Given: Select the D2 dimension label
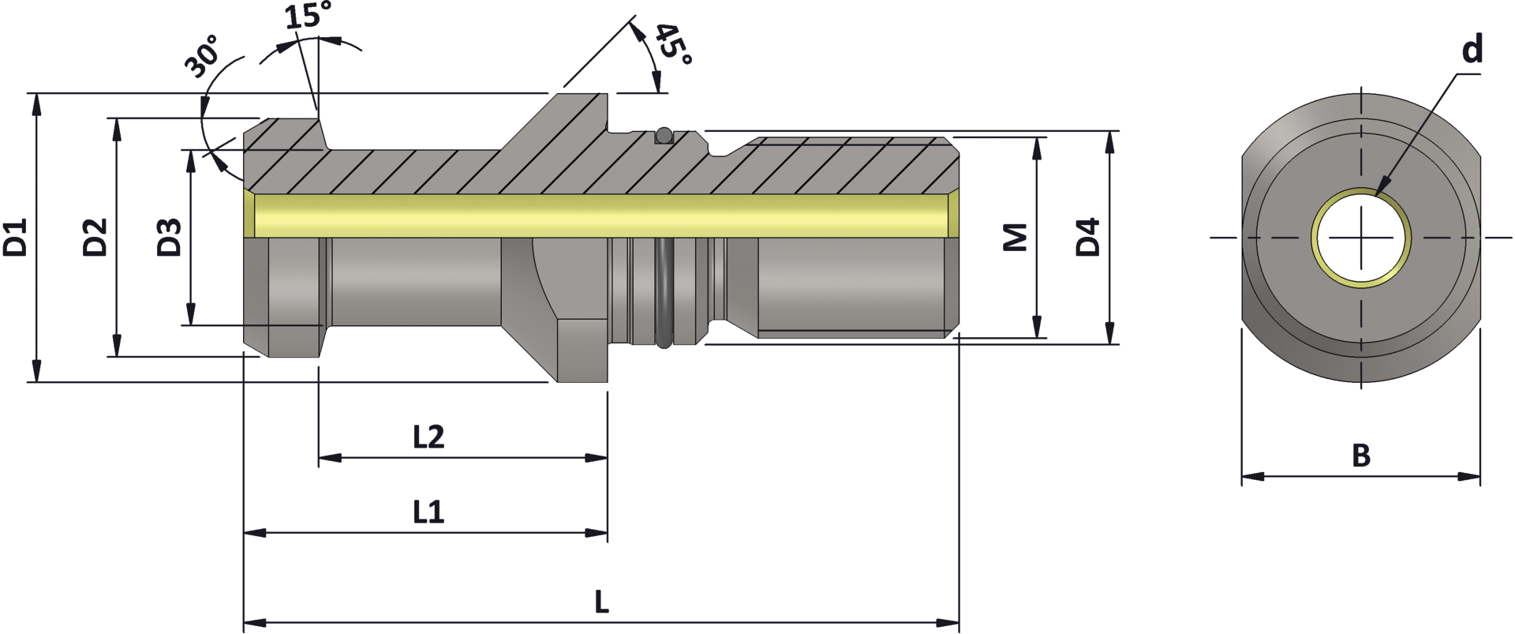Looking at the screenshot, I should click(95, 237).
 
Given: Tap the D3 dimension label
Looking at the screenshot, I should click(169, 237).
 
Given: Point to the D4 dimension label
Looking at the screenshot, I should click(1088, 237).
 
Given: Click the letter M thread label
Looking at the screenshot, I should click(1016, 237).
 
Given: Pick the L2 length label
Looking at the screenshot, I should click(428, 437).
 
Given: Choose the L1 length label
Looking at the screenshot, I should click(428, 512).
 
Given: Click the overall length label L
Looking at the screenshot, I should click(601, 603).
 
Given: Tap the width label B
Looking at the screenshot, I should click(1361, 456).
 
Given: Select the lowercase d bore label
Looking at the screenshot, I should click(1472, 50).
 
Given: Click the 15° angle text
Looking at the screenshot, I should click(308, 16).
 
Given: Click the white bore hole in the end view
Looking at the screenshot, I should click(1362, 237).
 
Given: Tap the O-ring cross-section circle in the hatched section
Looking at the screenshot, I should click(664, 136).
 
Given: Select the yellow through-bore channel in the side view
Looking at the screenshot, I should click(600, 216).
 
